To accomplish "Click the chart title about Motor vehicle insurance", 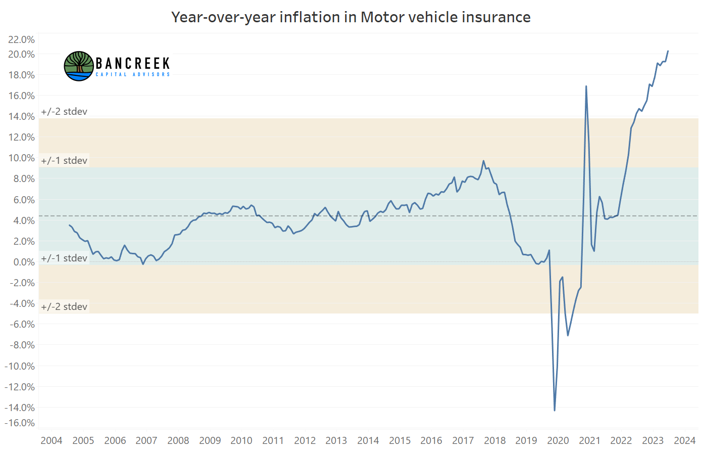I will click(x=350, y=17).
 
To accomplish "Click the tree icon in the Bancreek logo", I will click(x=79, y=66).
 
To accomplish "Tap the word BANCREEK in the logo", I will click(x=133, y=63).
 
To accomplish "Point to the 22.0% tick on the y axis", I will click(x=21, y=39).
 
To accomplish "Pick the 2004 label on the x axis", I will click(x=52, y=440).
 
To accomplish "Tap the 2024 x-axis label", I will click(x=685, y=440).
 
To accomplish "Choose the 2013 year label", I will click(x=336, y=440).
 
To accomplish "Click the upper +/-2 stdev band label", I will click(x=64, y=112).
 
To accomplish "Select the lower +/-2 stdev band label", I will click(x=64, y=306).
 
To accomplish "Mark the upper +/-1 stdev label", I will click(x=64, y=161).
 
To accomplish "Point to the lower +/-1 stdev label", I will click(x=64, y=258).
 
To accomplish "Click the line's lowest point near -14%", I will click(x=555, y=410).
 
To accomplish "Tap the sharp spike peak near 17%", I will click(x=586, y=86).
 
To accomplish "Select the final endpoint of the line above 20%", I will click(x=668, y=51).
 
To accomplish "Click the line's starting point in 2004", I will click(x=69, y=225).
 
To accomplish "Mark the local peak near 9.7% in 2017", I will click(x=483, y=161).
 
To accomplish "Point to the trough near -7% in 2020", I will click(x=568, y=335).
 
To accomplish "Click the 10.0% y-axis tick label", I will click(x=21, y=158).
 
